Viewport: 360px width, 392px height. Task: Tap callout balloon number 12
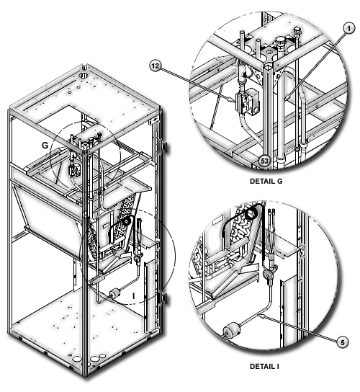(x=155, y=66)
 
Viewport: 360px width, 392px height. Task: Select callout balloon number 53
(x=264, y=161)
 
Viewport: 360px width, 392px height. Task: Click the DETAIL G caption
(x=266, y=182)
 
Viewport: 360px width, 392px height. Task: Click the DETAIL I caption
(x=264, y=367)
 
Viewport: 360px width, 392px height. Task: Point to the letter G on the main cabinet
(x=45, y=146)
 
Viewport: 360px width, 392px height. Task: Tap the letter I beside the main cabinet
(x=134, y=296)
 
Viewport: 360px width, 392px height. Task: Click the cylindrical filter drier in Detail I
(x=232, y=329)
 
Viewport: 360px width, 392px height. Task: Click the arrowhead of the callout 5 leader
(x=262, y=316)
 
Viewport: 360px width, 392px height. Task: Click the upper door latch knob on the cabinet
(x=165, y=146)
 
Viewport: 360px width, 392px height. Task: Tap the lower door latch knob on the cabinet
(x=165, y=298)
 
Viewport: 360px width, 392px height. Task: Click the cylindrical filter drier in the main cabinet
(x=114, y=293)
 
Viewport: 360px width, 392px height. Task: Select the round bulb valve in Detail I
(x=269, y=273)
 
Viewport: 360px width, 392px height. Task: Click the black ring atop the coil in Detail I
(x=251, y=214)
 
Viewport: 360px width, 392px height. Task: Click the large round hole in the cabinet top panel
(x=84, y=75)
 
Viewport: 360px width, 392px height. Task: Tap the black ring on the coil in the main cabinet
(x=127, y=221)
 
